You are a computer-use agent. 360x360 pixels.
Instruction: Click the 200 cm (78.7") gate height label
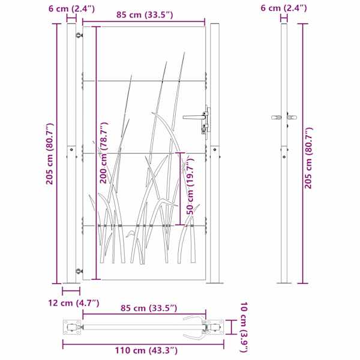(x=104, y=152)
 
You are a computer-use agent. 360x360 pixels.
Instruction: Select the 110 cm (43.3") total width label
(x=146, y=350)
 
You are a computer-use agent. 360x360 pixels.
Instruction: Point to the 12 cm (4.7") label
(x=73, y=303)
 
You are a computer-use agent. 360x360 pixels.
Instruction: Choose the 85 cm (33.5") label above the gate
(x=145, y=14)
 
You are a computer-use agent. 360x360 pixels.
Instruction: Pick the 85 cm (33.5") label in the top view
(x=149, y=308)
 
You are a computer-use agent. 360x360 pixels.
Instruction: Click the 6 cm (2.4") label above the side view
(x=284, y=8)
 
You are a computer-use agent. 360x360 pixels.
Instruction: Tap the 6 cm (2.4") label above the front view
(x=71, y=9)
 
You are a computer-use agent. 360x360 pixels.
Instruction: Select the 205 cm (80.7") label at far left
(x=50, y=154)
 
